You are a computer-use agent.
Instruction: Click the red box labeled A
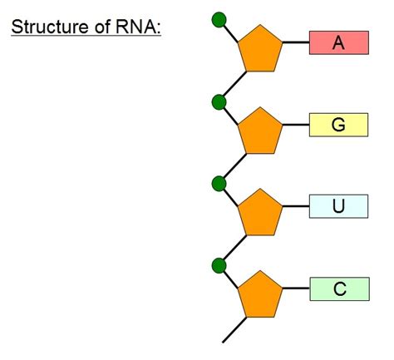[338, 43]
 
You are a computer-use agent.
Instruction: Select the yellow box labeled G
[338, 125]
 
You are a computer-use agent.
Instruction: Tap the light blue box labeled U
[338, 205]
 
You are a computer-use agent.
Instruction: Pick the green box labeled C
[338, 288]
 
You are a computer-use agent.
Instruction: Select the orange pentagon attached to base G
[260, 131]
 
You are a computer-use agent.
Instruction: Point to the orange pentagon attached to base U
[260, 212]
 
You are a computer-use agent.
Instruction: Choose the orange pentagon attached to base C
[260, 294]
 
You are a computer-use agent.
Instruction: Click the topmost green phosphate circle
[219, 19]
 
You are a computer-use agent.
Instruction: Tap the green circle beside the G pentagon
[219, 102]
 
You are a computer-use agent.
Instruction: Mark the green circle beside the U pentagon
[219, 183]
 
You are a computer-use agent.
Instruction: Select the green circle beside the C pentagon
[219, 265]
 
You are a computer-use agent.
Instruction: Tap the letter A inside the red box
[338, 43]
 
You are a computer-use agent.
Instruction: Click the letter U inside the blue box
[338, 205]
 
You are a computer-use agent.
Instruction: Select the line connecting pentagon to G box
[296, 126]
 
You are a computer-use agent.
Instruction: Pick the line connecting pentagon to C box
[296, 289]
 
